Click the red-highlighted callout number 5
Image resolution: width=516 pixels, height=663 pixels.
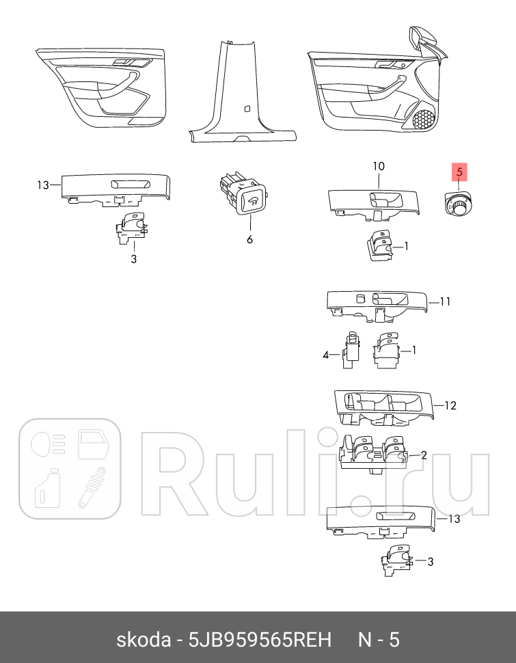point(460,173)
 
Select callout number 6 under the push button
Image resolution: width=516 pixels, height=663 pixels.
point(249,239)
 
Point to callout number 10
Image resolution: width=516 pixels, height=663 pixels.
point(379,167)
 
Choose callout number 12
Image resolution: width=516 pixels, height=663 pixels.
point(450,405)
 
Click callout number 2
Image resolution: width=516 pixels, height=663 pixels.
point(424,455)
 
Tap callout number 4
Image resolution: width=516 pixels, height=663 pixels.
point(326,354)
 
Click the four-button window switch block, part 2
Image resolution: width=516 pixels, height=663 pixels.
point(375,455)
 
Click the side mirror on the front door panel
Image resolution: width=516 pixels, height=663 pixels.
point(424,41)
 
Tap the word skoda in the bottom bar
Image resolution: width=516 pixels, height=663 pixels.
point(143,640)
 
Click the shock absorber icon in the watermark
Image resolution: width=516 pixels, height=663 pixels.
point(92,487)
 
